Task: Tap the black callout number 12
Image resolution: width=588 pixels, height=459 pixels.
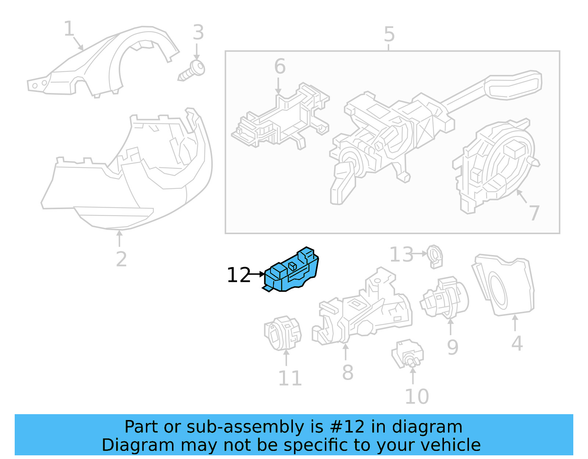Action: [239, 275]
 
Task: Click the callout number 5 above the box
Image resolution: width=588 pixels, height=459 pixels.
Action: [389, 35]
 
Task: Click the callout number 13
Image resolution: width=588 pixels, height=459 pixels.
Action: [401, 255]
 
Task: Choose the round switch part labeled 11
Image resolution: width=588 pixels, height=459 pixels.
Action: [282, 333]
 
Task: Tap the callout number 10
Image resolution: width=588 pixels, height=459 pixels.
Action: [416, 396]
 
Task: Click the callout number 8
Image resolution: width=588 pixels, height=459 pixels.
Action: [347, 372]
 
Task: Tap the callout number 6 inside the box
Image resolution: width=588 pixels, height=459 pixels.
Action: [280, 67]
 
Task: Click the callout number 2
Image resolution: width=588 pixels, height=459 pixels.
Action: [121, 259]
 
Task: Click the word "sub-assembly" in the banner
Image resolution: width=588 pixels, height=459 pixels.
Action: [245, 427]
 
